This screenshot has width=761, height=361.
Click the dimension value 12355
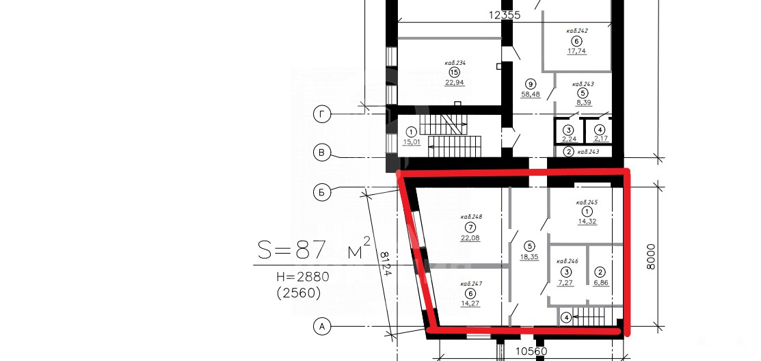click(505, 15)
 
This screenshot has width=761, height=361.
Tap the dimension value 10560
click(531, 351)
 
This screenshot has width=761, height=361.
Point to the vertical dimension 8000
click(651, 256)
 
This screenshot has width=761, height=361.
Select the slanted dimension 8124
click(386, 263)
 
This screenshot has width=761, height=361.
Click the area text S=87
click(291, 250)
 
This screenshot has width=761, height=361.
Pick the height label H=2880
click(303, 277)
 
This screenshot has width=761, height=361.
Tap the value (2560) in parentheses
click(299, 293)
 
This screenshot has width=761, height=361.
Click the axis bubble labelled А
click(321, 327)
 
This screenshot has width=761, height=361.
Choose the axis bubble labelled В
click(321, 153)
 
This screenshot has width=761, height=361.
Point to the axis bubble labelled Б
click(321, 193)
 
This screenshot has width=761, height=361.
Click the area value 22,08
click(470, 237)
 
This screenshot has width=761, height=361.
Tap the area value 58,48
click(531, 94)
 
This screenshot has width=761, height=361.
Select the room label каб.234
click(455, 63)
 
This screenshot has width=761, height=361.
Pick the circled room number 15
click(454, 72)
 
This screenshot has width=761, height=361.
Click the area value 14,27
click(470, 304)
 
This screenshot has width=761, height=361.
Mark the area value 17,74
click(576, 51)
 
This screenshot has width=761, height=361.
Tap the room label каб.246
click(567, 261)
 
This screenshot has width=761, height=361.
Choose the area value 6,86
click(601, 282)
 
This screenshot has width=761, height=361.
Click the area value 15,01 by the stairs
click(412, 142)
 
